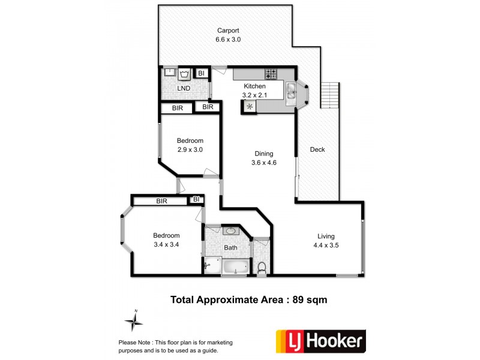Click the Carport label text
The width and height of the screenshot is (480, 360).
click(x=228, y=31)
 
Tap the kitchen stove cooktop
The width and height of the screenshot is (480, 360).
click(x=271, y=74)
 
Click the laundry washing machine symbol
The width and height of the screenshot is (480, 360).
click(x=185, y=74)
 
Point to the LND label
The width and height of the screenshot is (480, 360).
click(x=184, y=89)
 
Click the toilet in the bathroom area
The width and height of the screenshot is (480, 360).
click(x=261, y=267)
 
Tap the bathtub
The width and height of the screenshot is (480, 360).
click(x=235, y=266)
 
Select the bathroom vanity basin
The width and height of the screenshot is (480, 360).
click(x=231, y=231)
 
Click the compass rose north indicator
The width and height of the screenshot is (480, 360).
click(x=134, y=322)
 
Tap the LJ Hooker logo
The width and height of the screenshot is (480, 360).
click(x=320, y=341)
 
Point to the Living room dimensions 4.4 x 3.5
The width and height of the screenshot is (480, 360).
click(x=326, y=245)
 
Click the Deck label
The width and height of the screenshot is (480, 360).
click(x=317, y=149)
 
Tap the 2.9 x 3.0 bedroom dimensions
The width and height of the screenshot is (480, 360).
click(x=189, y=150)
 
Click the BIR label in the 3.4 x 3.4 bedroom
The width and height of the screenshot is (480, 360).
click(x=161, y=201)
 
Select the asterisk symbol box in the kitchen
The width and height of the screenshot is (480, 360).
click(x=248, y=107)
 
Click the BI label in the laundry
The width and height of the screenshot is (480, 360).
click(x=202, y=74)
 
